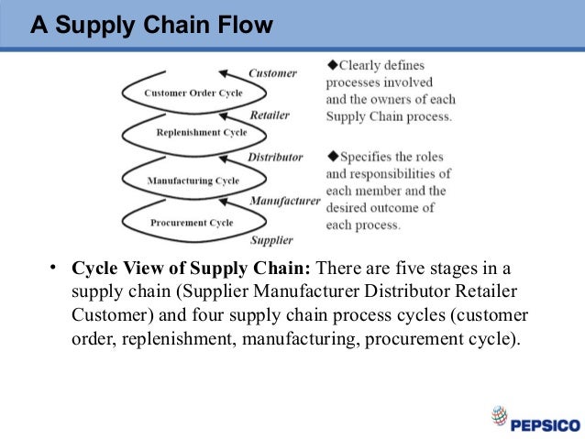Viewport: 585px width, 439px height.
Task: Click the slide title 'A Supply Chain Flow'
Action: pos(151,25)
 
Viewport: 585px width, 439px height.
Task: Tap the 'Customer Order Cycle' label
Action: pos(193,93)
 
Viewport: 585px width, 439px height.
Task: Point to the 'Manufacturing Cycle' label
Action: pos(193,181)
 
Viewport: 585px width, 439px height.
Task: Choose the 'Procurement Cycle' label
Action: pos(191,223)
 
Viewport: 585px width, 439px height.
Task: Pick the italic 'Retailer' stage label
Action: pos(270,116)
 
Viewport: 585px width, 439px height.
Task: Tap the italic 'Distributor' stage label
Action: pos(274,158)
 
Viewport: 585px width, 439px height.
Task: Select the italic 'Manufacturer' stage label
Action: pos(285,200)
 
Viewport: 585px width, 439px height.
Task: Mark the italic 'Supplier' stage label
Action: pos(272,240)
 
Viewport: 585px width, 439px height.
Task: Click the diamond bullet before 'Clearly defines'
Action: pos(331,65)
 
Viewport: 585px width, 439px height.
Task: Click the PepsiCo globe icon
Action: pos(499,417)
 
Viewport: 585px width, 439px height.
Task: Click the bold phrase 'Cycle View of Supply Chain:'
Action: pos(193,269)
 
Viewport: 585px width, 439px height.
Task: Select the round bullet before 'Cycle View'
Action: pos(54,269)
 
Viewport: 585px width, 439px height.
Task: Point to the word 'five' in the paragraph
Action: pos(408,269)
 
